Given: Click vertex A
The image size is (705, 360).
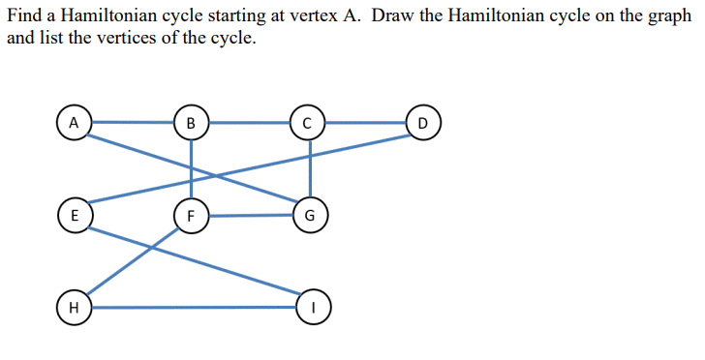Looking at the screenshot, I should click(74, 123).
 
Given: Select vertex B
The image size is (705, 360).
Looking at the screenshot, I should click(191, 123).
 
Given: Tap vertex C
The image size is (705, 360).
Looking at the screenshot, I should click(308, 123).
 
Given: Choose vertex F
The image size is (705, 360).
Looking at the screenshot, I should click(191, 215).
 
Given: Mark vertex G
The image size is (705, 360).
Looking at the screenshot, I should click(309, 215).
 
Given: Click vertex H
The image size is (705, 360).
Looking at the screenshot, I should click(74, 307).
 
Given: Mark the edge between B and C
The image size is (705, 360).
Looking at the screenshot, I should click(249, 123).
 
